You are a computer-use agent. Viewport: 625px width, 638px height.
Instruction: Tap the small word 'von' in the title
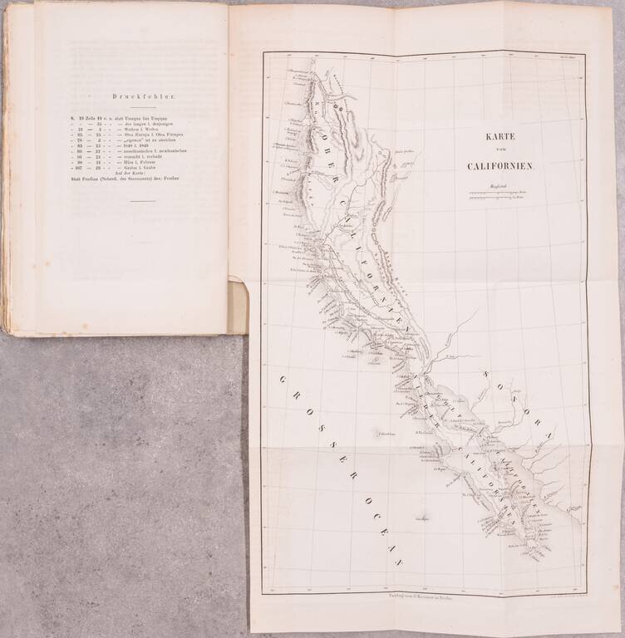click(x=500, y=150)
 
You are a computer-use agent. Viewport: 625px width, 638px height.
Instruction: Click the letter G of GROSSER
click(x=283, y=380)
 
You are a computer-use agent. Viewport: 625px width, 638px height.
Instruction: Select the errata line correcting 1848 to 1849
click(x=130, y=147)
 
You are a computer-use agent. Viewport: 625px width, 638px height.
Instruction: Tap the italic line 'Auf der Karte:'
click(x=130, y=170)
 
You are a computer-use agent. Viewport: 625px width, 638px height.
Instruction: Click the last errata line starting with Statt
click(x=130, y=177)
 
